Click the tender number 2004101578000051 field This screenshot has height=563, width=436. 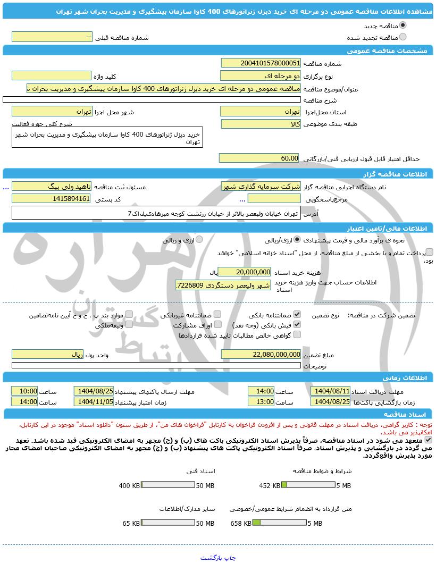click(x=261, y=63)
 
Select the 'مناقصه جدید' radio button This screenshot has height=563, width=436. click(x=403, y=26)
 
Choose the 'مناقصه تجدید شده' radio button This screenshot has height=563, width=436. click(x=403, y=37)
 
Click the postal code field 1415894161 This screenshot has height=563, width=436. click(x=51, y=199)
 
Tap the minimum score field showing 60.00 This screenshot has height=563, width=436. click(x=261, y=158)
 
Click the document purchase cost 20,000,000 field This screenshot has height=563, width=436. click(x=245, y=271)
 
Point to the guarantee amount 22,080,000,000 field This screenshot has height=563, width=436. click(x=261, y=354)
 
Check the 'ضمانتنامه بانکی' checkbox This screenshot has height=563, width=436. click(x=297, y=315)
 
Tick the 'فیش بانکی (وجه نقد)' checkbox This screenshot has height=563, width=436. click(x=297, y=324)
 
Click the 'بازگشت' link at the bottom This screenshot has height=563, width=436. click(x=210, y=558)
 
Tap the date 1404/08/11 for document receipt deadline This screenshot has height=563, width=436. click(x=331, y=391)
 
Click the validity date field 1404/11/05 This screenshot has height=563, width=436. click(x=94, y=402)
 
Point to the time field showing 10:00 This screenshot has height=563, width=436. click(x=24, y=391)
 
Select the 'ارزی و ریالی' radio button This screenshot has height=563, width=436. click(x=200, y=240)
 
